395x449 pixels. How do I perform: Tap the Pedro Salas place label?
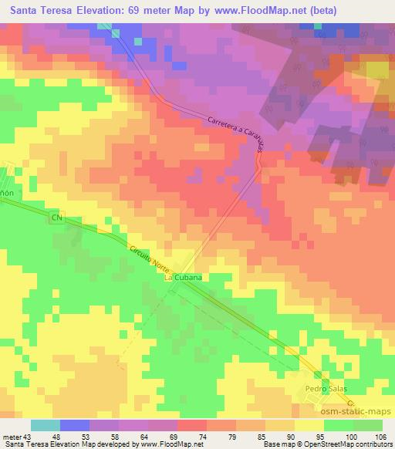323,389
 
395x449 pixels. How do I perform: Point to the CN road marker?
56,218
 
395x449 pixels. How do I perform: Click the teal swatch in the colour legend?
46,425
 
